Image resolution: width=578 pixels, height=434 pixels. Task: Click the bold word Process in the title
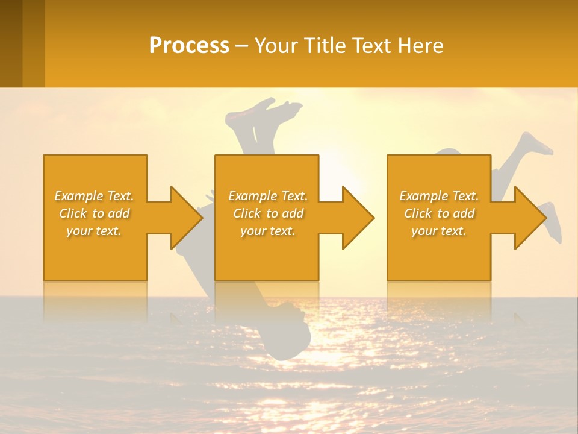pyautogui.click(x=189, y=46)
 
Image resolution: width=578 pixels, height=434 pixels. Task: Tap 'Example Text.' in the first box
pyautogui.click(x=94, y=196)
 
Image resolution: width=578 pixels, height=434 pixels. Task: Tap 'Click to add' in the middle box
pyautogui.click(x=268, y=213)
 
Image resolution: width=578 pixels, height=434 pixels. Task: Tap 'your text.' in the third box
pyautogui.click(x=439, y=231)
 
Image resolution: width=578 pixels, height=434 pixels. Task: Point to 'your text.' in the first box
pyautogui.click(x=94, y=231)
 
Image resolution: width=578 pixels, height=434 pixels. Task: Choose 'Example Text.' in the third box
pyautogui.click(x=439, y=196)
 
